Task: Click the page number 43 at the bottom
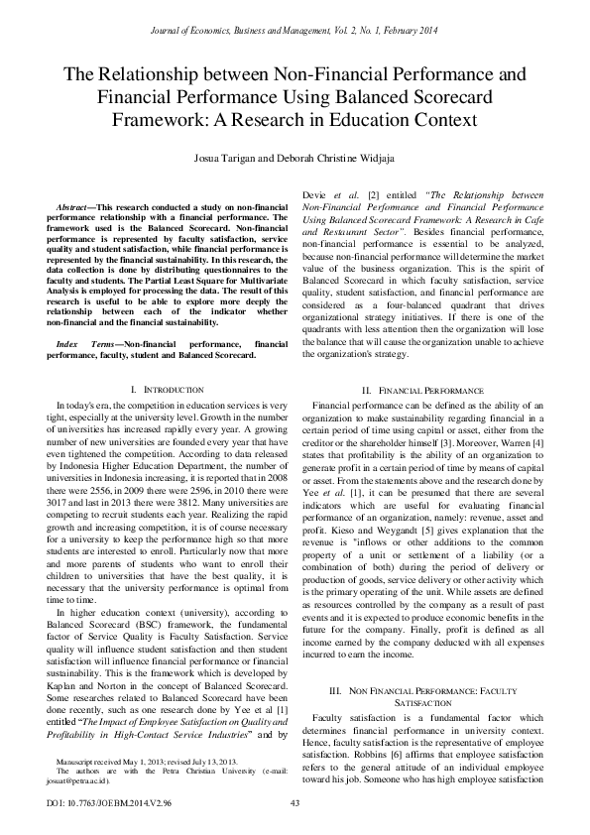295,803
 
